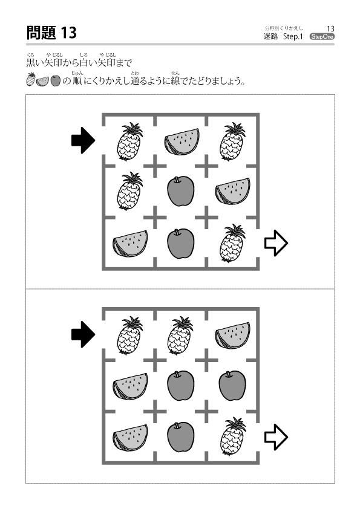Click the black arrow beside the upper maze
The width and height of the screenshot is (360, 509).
coord(83,140)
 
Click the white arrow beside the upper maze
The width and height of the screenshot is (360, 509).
coord(276,243)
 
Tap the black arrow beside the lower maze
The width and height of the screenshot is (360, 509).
coord(83,334)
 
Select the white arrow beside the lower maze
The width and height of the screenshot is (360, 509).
coord(276,437)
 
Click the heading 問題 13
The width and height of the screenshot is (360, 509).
coord(51,33)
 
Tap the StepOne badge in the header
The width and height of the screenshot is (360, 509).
coord(322,37)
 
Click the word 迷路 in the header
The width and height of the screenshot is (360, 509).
coord(270,37)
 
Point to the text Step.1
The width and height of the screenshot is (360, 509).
coord(293,37)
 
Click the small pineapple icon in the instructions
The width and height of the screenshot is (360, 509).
coord(30,79)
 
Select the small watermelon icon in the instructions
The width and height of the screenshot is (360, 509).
coord(42,81)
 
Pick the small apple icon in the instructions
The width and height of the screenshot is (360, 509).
coord(56,81)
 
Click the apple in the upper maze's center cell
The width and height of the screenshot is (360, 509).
coord(181,191)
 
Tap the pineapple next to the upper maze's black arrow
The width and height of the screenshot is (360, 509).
coord(129,141)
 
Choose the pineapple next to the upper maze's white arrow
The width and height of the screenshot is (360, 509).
coord(232,243)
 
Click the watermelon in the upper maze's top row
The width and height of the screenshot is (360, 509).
coord(182,142)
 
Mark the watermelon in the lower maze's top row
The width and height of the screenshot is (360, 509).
coord(232,336)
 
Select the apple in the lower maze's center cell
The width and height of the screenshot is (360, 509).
coord(181,386)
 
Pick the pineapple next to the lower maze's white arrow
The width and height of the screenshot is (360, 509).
coord(232,436)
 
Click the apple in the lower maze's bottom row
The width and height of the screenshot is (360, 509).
coord(181,437)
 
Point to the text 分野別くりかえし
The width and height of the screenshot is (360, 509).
coord(284,28)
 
